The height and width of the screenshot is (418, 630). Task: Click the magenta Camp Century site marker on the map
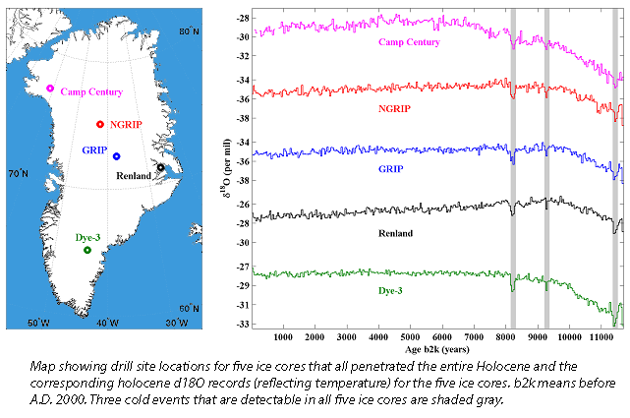pos(50,90)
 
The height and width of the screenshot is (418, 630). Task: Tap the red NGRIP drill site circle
pos(100,124)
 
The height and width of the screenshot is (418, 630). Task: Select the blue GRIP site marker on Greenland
pos(116,156)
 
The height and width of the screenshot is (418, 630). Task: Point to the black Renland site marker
pos(160,167)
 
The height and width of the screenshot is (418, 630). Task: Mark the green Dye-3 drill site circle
pos(87,250)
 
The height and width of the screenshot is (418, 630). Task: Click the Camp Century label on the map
pos(91,92)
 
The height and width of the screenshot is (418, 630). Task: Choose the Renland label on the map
pos(134,175)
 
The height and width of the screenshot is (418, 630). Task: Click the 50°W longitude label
pos(38,323)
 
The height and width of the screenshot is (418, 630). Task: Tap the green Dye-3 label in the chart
pos(398,291)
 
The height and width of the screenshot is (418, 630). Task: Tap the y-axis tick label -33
pos(241,324)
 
